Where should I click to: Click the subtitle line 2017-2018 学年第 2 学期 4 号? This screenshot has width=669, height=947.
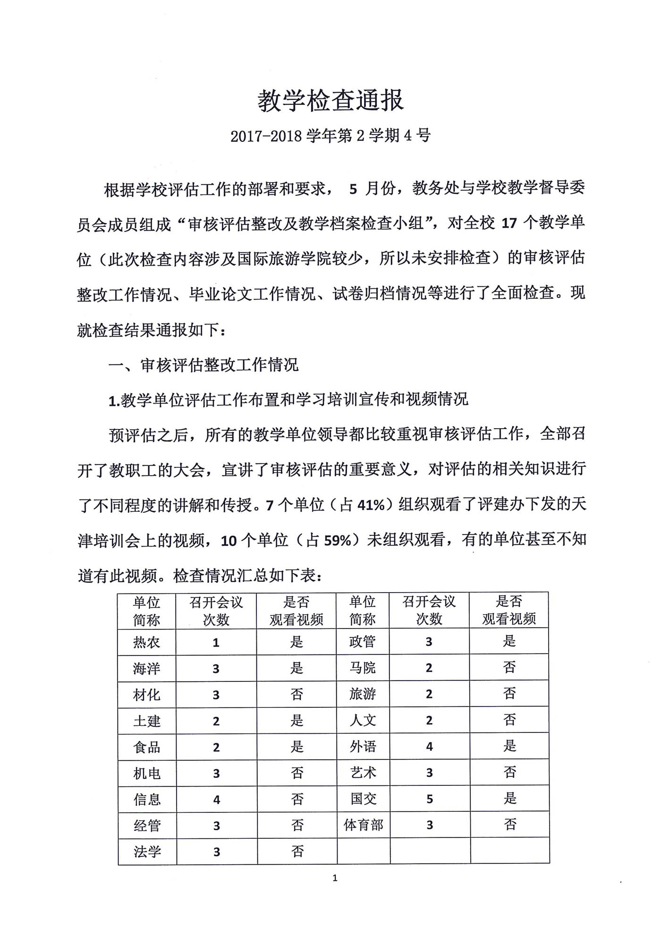pyautogui.click(x=330, y=136)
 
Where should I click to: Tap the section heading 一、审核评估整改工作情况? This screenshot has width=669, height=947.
pyautogui.click(x=203, y=365)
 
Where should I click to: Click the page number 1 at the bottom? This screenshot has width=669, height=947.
pyautogui.click(x=335, y=878)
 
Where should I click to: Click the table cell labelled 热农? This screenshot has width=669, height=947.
pyautogui.click(x=147, y=642)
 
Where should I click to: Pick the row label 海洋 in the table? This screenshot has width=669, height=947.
pyautogui.click(x=147, y=669)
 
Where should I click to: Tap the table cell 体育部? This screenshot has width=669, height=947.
pyautogui.click(x=363, y=826)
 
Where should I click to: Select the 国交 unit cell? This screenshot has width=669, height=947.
pyautogui.click(x=363, y=799)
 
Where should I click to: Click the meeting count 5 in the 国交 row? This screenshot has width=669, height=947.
pyautogui.click(x=429, y=799)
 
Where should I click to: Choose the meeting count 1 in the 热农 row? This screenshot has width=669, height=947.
pyautogui.click(x=216, y=643)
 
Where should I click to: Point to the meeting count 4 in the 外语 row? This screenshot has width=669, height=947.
pyautogui.click(x=429, y=747)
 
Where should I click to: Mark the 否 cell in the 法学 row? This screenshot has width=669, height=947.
pyautogui.click(x=297, y=852)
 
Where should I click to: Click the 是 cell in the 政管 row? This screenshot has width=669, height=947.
pyautogui.click(x=509, y=641)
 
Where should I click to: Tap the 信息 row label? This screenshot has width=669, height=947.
pyautogui.click(x=147, y=800)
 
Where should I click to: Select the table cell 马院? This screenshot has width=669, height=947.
pyautogui.click(x=363, y=668)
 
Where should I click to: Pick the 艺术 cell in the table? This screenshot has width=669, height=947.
pyautogui.click(x=363, y=773)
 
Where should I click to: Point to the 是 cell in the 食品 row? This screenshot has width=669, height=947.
pyautogui.click(x=297, y=747)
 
